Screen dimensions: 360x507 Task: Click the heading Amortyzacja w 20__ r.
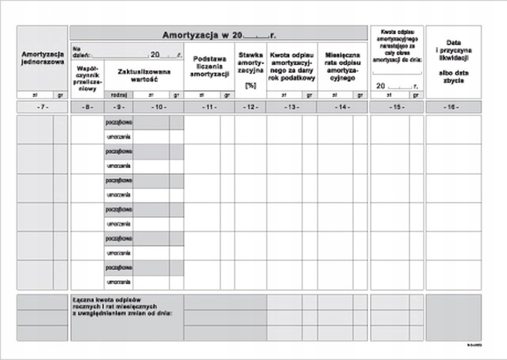pyautogui.click(x=219, y=35)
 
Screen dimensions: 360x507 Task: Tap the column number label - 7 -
pyautogui.click(x=43, y=107)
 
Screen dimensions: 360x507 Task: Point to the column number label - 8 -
pyautogui.click(x=87, y=107)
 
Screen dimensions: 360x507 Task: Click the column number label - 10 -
pyautogui.click(x=158, y=107)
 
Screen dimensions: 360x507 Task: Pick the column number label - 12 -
pyautogui.click(x=251, y=107)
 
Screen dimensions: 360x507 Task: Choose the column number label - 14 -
pyautogui.click(x=342, y=107)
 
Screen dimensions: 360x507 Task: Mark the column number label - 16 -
pyautogui.click(x=453, y=107)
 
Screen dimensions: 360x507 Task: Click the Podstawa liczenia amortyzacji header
pyautogui.click(x=209, y=66)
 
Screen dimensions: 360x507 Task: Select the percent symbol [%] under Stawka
pyautogui.click(x=251, y=85)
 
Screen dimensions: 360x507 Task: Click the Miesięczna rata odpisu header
pyautogui.click(x=342, y=66)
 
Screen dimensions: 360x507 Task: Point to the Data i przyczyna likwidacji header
pyautogui.click(x=453, y=54)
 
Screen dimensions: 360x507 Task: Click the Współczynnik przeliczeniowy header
pyautogui.click(x=87, y=76)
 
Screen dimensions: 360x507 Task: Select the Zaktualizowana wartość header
pyautogui.click(x=144, y=75)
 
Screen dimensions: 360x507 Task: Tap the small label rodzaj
pyautogui.click(x=119, y=95)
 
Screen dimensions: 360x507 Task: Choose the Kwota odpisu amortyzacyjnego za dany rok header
pyautogui.click(x=292, y=66)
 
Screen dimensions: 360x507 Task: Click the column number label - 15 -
pyautogui.click(x=397, y=107)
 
